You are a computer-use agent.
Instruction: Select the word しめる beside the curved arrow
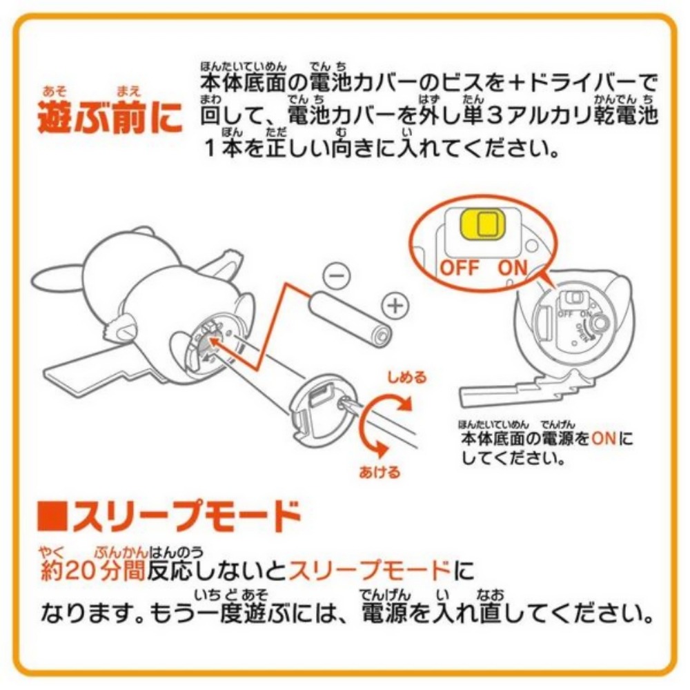[x=406, y=377]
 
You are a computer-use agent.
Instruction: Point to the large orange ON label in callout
[x=511, y=268]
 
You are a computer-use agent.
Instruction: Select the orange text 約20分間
[x=94, y=571]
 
